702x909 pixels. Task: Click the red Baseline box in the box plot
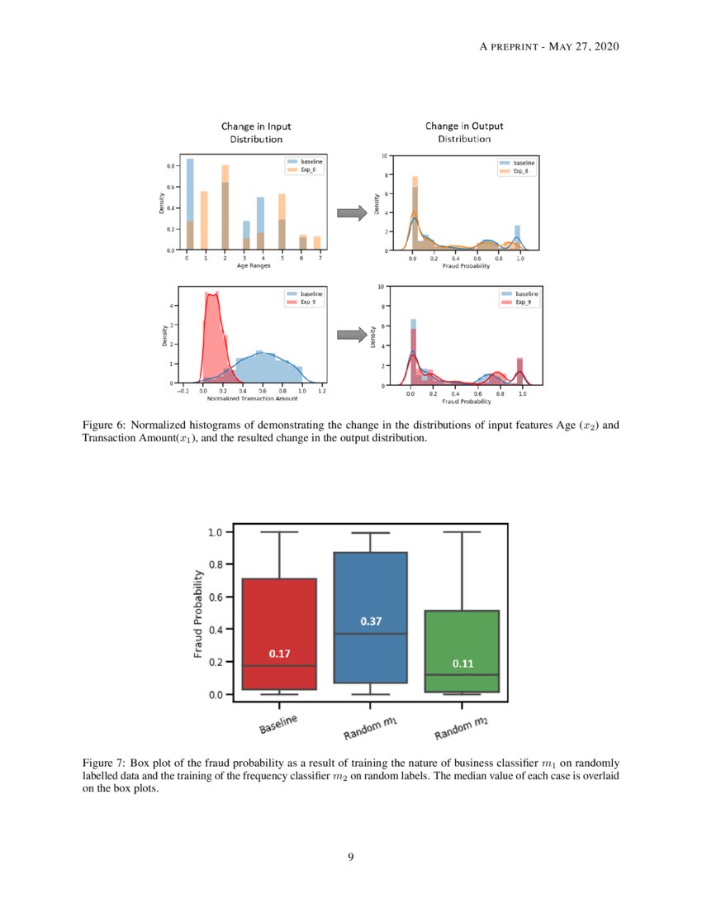[279, 612]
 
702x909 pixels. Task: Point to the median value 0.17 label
[279, 654]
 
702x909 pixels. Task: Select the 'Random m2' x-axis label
[460, 728]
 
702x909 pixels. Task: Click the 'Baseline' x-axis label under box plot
[278, 725]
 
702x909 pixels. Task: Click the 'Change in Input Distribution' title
[256, 133]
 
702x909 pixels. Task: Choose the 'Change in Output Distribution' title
[464, 132]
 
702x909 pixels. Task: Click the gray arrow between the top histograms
[352, 214]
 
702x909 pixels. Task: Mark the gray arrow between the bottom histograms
[352, 335]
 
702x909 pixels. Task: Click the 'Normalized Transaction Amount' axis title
[253, 398]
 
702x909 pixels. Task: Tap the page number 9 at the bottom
[351, 857]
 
